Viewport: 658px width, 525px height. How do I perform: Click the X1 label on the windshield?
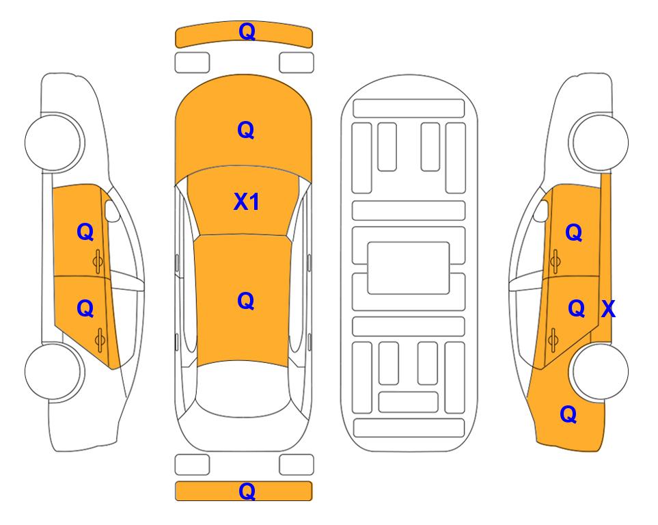[x=247, y=202]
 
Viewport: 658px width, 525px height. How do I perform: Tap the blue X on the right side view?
[x=608, y=309]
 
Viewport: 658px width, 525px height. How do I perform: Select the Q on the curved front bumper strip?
[x=247, y=31]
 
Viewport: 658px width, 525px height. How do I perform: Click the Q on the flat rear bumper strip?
[x=247, y=491]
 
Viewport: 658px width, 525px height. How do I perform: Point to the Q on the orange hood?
[x=246, y=130]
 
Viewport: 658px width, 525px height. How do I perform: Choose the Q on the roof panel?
[x=246, y=301]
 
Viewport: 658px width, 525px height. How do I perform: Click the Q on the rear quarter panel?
[x=568, y=414]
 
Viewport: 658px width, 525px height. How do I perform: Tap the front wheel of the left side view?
[x=54, y=142]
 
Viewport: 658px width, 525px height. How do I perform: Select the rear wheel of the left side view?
[x=54, y=371]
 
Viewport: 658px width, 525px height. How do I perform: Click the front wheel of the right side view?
[x=599, y=142]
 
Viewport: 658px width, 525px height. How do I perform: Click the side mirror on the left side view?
[x=112, y=211]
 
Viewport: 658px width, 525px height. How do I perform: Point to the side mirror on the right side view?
[x=541, y=211]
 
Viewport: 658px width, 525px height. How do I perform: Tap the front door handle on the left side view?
[x=98, y=261]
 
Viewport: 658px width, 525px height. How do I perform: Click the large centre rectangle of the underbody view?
[x=409, y=268]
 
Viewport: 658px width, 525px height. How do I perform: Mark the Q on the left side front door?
[x=85, y=232]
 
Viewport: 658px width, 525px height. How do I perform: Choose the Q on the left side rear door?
[x=85, y=308]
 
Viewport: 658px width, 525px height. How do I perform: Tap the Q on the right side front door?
[x=574, y=232]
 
